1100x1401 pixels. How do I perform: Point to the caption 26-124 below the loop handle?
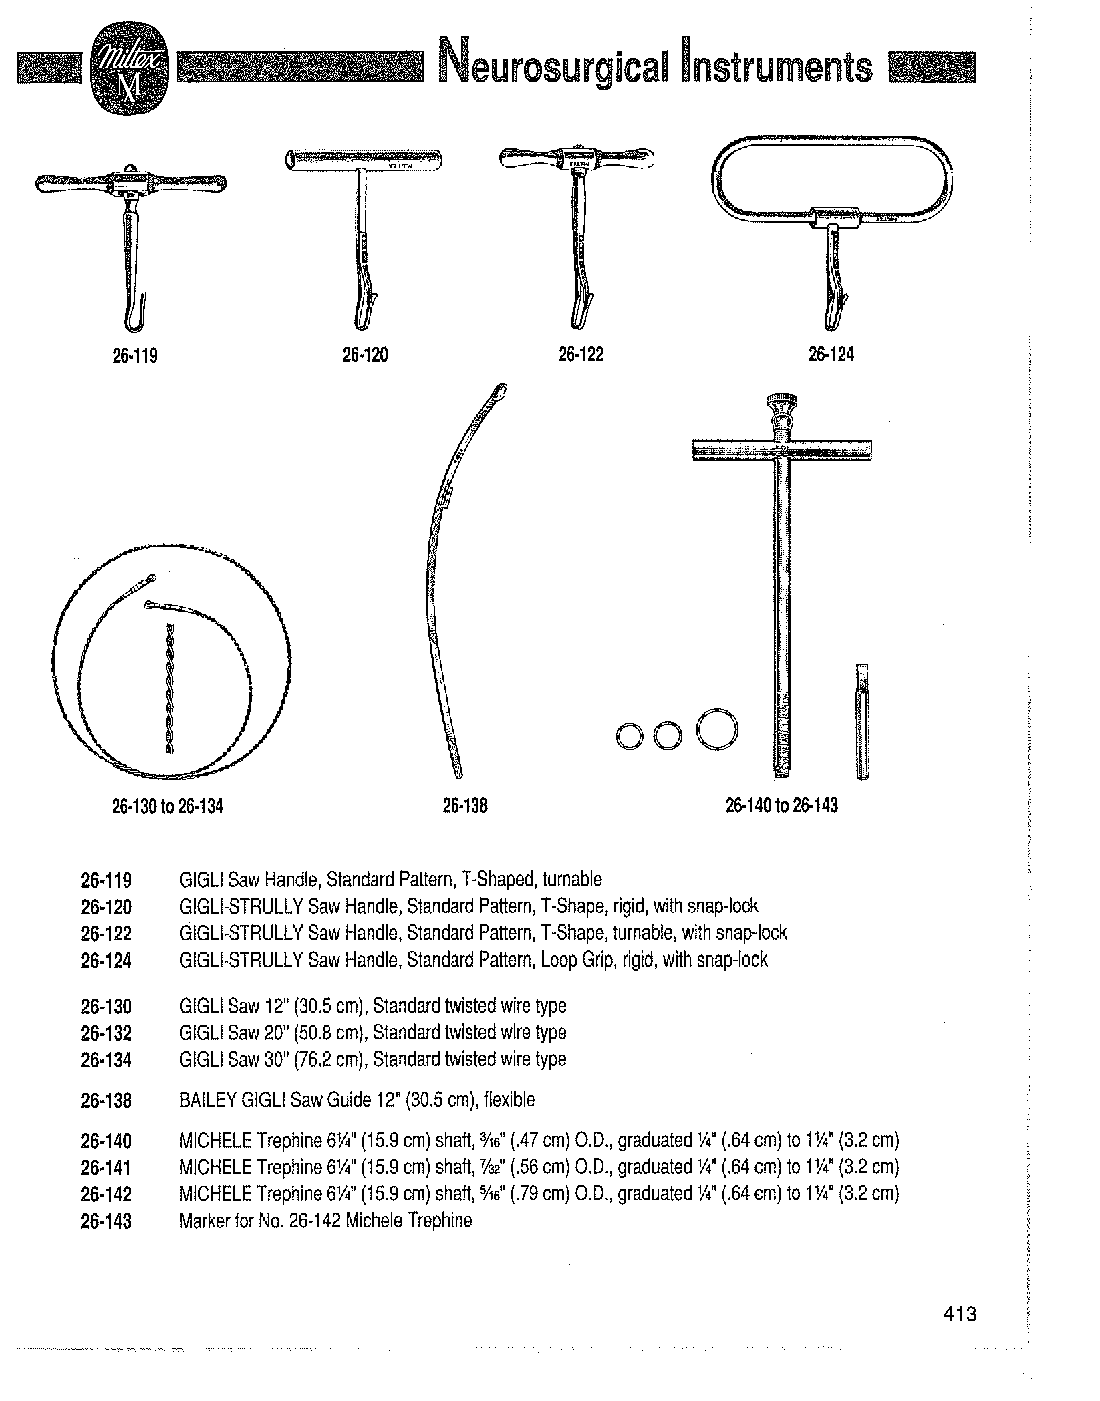(x=831, y=354)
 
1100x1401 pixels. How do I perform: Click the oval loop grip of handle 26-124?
(x=833, y=140)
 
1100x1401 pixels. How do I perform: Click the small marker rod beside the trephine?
(x=863, y=722)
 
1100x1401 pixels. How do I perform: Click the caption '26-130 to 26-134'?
(x=167, y=807)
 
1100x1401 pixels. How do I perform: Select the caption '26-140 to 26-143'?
(x=781, y=805)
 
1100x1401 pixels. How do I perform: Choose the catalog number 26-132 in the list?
(x=106, y=1033)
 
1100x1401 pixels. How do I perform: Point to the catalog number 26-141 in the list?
(x=106, y=1168)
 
